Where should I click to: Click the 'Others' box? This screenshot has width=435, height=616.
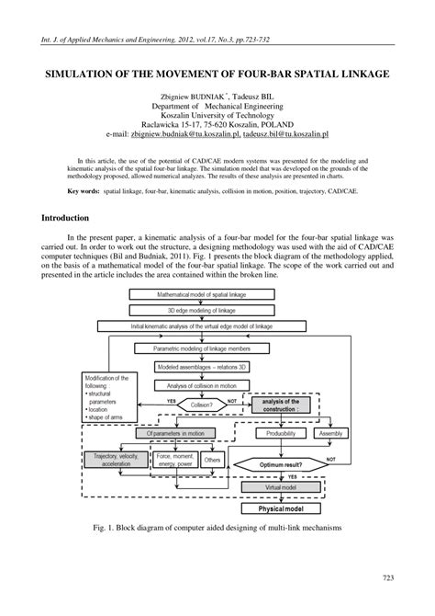tap(212, 459)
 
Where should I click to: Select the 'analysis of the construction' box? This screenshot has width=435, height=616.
tap(281, 405)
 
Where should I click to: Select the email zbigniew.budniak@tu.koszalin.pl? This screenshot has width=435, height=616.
tap(176, 132)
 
